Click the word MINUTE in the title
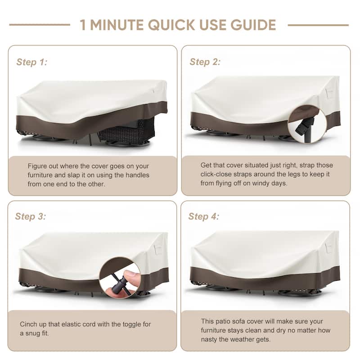coord(117,25)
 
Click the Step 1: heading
coord(31,62)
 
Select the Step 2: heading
coord(205,62)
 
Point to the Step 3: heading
coord(31,216)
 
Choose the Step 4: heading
coord(204,216)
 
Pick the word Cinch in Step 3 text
coord(27,324)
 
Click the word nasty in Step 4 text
coord(209,339)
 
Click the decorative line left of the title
coord(40,25)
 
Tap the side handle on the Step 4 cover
coord(329,247)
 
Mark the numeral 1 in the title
coord(83,25)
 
